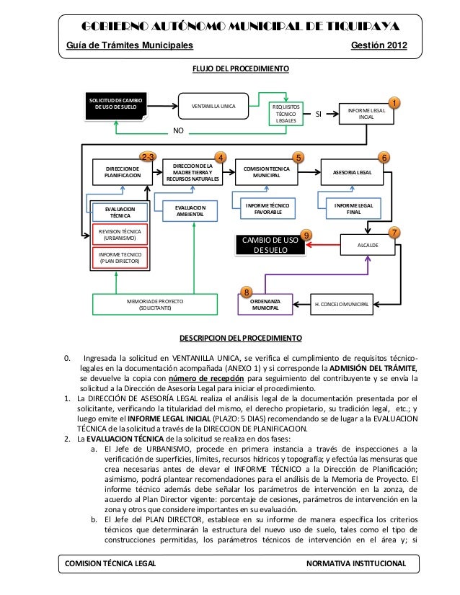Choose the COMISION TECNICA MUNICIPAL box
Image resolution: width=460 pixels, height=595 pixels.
pyautogui.click(x=266, y=173)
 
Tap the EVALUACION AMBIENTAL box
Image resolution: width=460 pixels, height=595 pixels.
pyautogui.click(x=190, y=210)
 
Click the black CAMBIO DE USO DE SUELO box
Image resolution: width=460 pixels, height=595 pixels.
pyautogui.click(x=268, y=245)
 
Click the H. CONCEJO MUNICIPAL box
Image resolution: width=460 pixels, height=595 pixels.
pyautogui.click(x=342, y=305)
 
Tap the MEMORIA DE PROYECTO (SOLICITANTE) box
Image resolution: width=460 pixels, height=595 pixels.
pyautogui.click(x=155, y=304)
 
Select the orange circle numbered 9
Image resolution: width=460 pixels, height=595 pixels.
pyautogui.click(x=307, y=235)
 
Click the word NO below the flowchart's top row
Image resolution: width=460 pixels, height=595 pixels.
pyautogui.click(x=179, y=132)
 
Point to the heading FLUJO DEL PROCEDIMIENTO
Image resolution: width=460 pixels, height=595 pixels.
pyautogui.click(x=239, y=69)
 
